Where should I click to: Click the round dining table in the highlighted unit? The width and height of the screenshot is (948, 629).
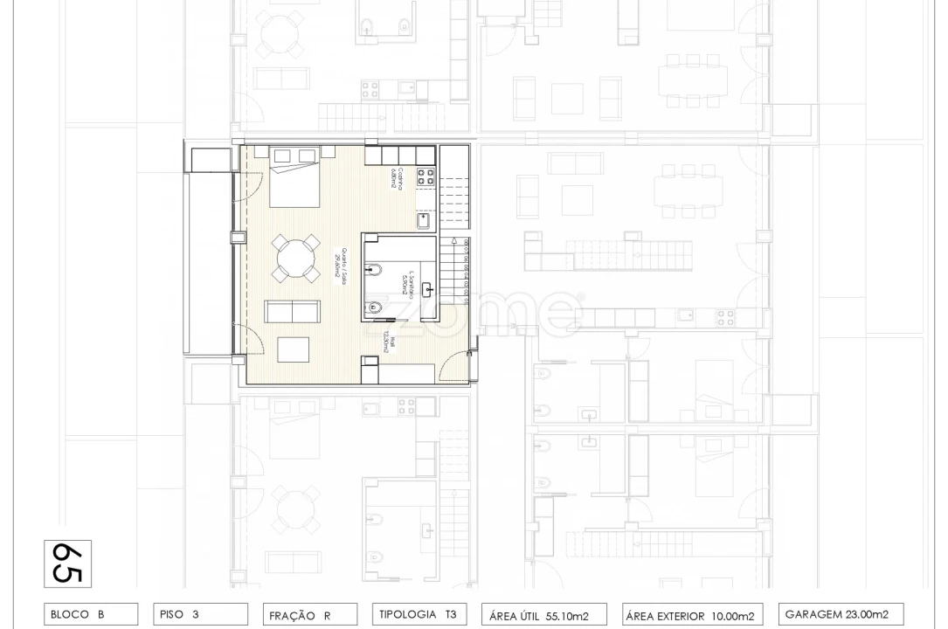pos(294,259)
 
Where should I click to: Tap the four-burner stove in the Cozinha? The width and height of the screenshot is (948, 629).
pos(426,178)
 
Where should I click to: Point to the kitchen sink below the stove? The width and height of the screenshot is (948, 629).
pos(425,221)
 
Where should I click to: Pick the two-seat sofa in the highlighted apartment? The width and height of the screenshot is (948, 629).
pos(293,313)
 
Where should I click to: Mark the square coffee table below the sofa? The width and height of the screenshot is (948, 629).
pos(294,349)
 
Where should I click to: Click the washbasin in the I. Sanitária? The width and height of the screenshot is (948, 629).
pos(429,287)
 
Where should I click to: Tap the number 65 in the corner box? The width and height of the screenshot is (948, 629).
pos(67,563)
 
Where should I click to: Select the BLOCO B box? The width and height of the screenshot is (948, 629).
pos(90,614)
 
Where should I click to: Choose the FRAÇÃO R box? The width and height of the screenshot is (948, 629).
pos(309,615)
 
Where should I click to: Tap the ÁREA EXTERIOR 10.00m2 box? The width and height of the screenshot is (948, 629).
pos(689,615)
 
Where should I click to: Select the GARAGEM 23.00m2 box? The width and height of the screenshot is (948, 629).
pos(839,614)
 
